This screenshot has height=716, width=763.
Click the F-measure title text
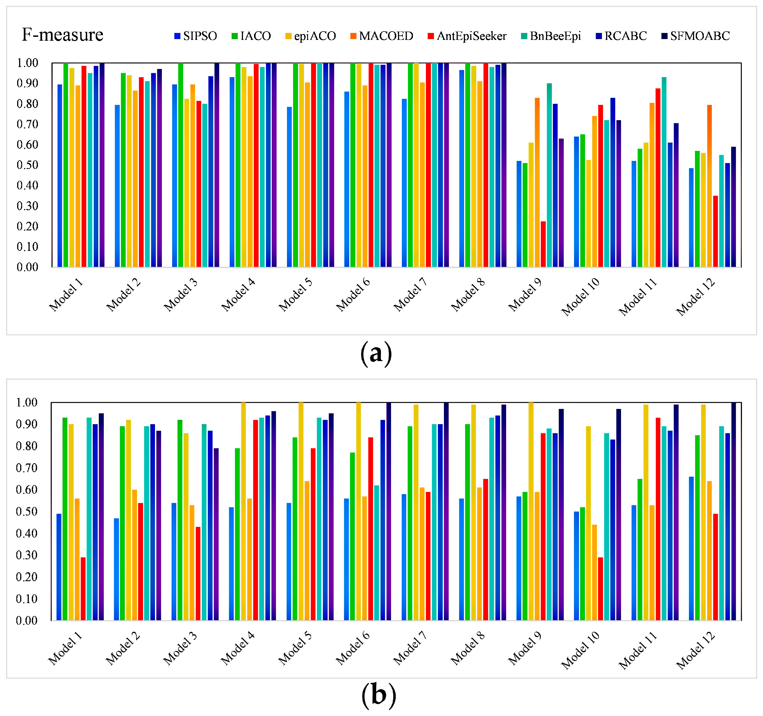click(x=63, y=35)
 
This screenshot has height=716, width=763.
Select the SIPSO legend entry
click(x=195, y=36)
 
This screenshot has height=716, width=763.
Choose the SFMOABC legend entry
click(x=695, y=36)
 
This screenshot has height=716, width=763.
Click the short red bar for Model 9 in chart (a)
click(x=543, y=244)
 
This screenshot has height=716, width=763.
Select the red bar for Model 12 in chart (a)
click(x=715, y=231)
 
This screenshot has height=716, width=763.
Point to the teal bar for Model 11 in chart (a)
click(x=664, y=173)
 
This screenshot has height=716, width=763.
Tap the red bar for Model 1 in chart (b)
click(x=83, y=590)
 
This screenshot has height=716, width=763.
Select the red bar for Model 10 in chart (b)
click(x=601, y=590)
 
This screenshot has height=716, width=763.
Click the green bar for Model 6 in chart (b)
click(x=352, y=537)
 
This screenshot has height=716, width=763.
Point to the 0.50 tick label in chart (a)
click(x=27, y=165)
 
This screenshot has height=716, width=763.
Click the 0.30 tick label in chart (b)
click(x=27, y=555)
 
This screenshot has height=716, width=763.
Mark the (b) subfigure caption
click(x=379, y=695)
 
